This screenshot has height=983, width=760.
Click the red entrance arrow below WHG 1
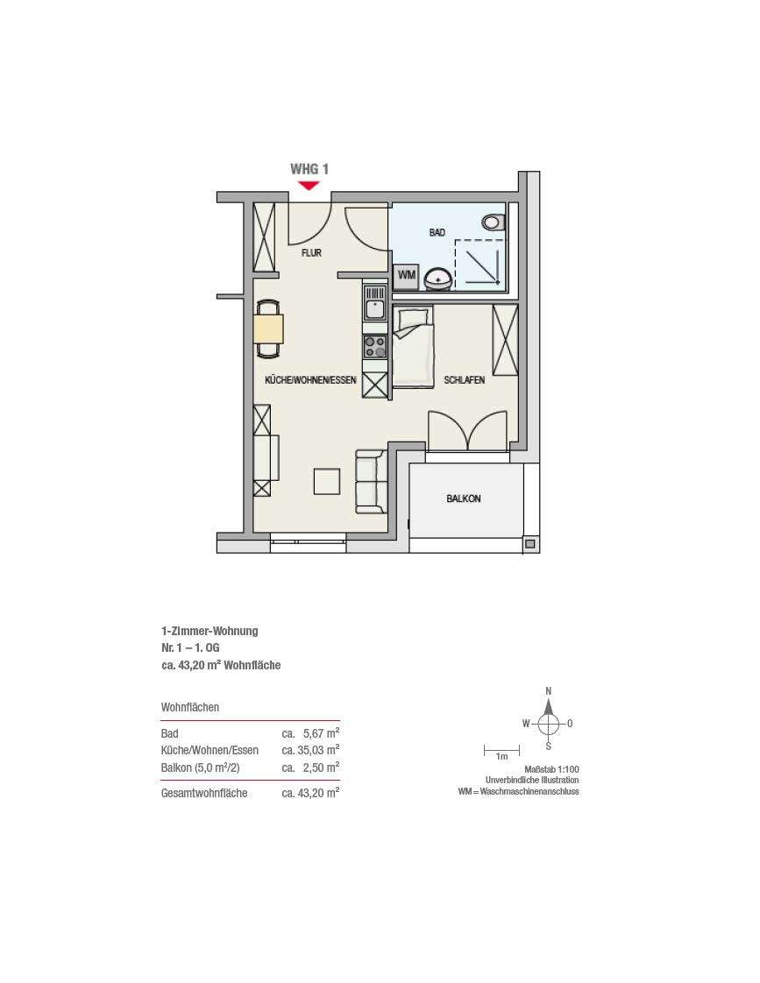click(x=309, y=185)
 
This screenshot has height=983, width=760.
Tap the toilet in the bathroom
click(x=494, y=222)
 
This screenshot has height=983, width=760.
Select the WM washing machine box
click(x=406, y=275)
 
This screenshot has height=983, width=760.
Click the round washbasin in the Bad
click(x=437, y=279)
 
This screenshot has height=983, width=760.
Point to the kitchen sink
click(x=375, y=303)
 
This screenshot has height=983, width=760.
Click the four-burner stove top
click(x=375, y=347)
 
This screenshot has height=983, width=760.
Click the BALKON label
click(x=464, y=499)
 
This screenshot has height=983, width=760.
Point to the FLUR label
click(x=312, y=252)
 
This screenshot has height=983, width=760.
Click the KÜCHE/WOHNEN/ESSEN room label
click(x=310, y=380)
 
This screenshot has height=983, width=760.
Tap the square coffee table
click(x=327, y=482)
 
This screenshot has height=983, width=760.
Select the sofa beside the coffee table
click(x=370, y=482)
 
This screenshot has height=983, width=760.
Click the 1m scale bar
click(x=501, y=750)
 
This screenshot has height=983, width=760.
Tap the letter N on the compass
click(x=549, y=691)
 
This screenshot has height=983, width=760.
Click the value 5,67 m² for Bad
click(x=321, y=732)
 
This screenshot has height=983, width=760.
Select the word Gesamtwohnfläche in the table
click(x=204, y=793)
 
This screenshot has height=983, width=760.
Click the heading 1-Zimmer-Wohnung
click(x=210, y=632)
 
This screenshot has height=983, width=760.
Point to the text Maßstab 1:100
click(x=552, y=769)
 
